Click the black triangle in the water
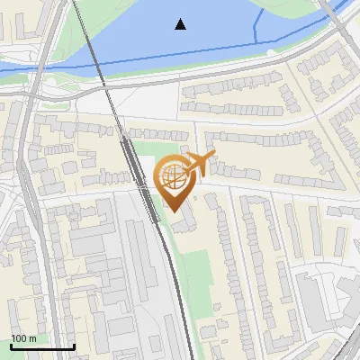[181, 24]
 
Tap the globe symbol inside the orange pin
[173, 175]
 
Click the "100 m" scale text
[24, 338]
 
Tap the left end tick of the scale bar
[12, 345]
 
